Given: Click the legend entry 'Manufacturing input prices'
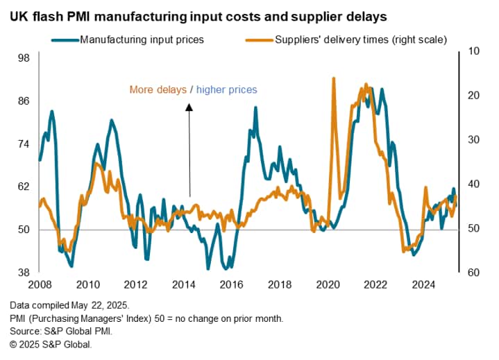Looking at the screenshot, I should point(142,40).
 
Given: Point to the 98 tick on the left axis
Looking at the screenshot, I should point(23,58).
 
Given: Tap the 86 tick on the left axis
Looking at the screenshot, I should point(23,101).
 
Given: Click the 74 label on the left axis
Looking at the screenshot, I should point(23,144).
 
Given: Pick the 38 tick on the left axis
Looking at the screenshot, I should point(23,272).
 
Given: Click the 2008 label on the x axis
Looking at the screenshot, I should point(39,284).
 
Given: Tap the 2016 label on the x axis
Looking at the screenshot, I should point(231,284).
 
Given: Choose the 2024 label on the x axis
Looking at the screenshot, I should point(423,284).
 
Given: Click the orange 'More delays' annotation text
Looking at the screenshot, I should point(158,89).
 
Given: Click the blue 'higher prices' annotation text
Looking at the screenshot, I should point(227,89).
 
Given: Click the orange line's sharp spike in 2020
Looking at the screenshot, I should point(334,78).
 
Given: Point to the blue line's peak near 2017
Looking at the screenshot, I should point(255,108).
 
